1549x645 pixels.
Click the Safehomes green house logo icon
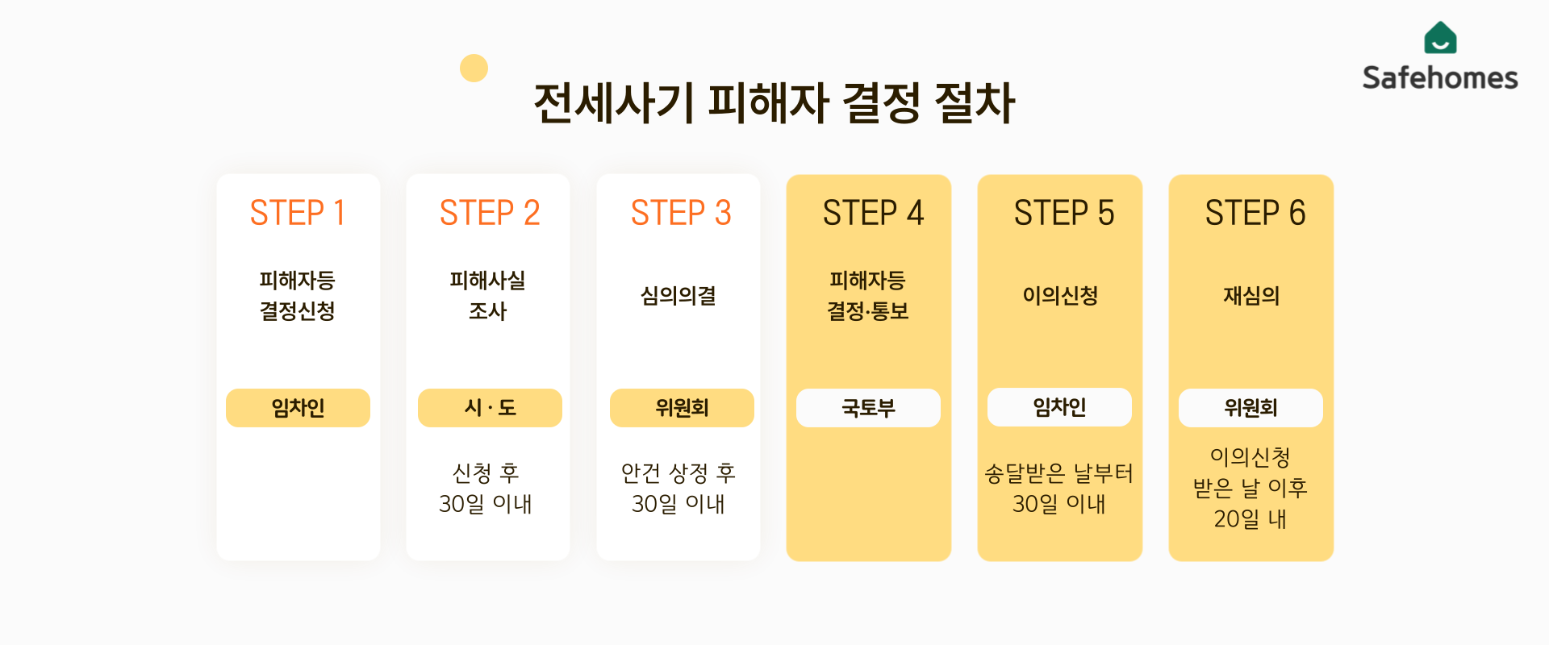click(x=1440, y=38)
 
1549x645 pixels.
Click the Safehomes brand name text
click(x=1440, y=78)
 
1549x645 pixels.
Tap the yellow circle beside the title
click(x=474, y=69)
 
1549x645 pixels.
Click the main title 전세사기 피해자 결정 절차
click(x=774, y=103)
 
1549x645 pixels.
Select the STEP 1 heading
click(x=298, y=213)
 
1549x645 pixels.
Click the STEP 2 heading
click(x=489, y=213)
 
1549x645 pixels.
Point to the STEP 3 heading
click(x=680, y=213)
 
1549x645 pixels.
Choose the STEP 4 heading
click(x=872, y=213)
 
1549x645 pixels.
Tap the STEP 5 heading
click(x=1063, y=213)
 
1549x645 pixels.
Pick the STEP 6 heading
click(x=1255, y=213)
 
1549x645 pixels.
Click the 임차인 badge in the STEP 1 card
click(x=298, y=408)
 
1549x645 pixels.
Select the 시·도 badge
click(x=490, y=408)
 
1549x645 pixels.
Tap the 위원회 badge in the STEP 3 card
click(x=682, y=408)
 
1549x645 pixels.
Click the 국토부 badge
click(x=868, y=408)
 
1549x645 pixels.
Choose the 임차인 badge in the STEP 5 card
click(x=1059, y=407)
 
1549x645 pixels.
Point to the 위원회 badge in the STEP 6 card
click(x=1250, y=408)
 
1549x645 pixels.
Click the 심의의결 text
click(x=678, y=296)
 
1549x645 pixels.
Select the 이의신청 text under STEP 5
click(x=1060, y=296)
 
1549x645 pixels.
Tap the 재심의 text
click(x=1251, y=296)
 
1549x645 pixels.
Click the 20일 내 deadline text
click(x=1250, y=518)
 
